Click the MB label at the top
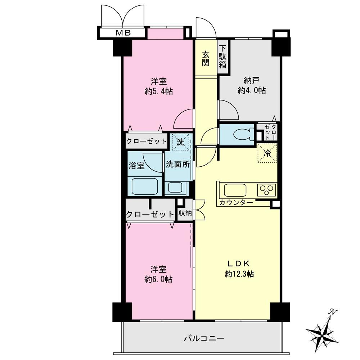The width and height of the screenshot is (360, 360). [x=123, y=33]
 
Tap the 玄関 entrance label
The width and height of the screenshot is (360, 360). [x=206, y=59]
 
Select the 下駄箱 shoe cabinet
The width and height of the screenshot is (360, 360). [x=223, y=57]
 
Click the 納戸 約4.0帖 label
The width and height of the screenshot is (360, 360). [x=252, y=86]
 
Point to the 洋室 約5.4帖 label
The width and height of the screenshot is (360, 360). [x=158, y=86]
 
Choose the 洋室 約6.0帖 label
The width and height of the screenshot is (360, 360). [x=158, y=274]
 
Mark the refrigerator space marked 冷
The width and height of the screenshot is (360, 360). [x=267, y=153]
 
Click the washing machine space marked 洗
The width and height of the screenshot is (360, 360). [x=180, y=141]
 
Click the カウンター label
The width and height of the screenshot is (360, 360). [x=236, y=203]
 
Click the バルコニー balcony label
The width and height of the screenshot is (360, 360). [x=204, y=338]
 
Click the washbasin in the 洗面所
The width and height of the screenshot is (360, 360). [x=175, y=188]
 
